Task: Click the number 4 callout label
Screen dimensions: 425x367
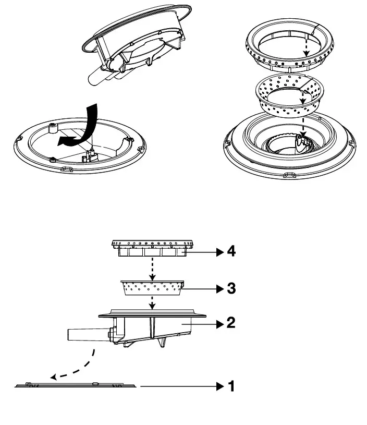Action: (x=231, y=252)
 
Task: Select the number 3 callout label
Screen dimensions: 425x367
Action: (x=231, y=288)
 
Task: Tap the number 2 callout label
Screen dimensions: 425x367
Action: (x=231, y=323)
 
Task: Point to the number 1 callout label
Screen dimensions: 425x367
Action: (x=231, y=386)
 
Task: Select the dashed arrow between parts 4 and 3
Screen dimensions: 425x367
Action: (x=152, y=268)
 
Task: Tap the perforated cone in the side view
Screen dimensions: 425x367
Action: (x=152, y=288)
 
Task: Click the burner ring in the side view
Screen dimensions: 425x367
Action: (x=152, y=247)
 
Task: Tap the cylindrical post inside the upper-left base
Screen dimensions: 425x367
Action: (x=52, y=128)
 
